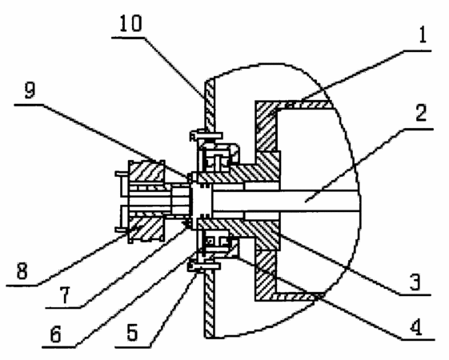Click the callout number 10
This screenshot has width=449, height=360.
point(130,23)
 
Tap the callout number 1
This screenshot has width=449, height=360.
point(423,35)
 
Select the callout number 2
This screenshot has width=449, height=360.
point(421,113)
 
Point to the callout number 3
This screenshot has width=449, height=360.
point(415,282)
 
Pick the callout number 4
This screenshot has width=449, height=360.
point(415,327)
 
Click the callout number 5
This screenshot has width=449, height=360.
point(132,333)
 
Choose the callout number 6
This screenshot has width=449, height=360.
point(55,334)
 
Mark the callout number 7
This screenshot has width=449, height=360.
point(65,294)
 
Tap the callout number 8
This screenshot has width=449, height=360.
point(22,270)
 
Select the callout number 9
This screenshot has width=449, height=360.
point(30,90)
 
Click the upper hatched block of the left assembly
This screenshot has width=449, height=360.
point(146,171)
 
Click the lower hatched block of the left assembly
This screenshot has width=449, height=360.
point(146,229)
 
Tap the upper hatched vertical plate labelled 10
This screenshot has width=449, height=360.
point(210,105)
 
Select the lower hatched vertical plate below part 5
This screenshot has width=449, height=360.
point(210,304)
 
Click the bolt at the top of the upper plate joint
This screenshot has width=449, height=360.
point(206,134)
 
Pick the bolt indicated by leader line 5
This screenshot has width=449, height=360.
point(204,266)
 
